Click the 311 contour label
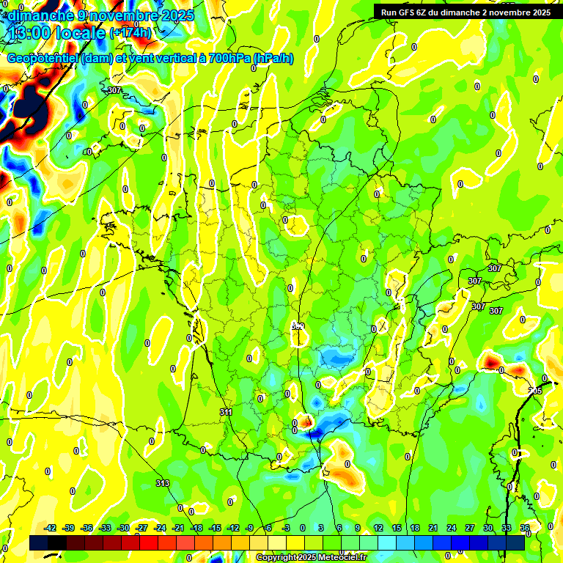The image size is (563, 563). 226,413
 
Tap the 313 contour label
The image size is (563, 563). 163,483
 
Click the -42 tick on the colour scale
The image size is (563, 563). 51,528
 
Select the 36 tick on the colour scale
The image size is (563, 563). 525,528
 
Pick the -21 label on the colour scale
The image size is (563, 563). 177,528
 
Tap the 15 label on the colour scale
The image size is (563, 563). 397,528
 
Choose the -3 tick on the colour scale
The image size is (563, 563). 287,528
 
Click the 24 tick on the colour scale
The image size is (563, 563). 452,528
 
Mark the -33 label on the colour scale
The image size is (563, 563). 106,528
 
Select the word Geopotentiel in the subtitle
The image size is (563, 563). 43,59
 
